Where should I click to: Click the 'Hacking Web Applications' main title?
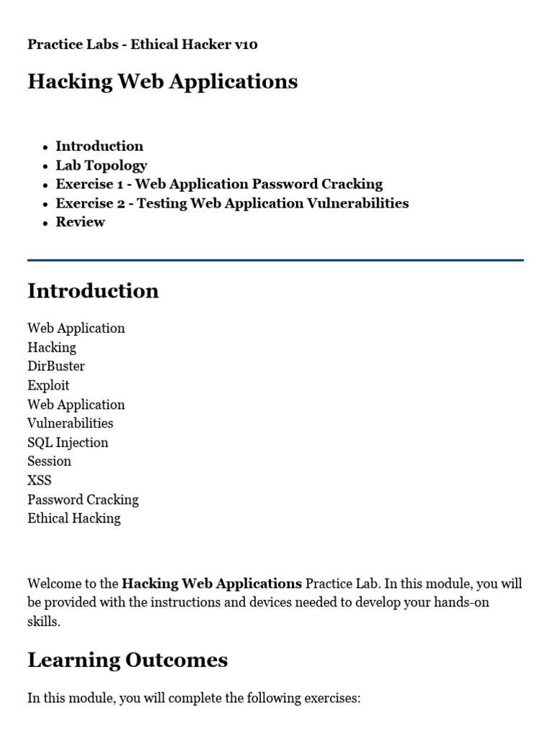(x=162, y=82)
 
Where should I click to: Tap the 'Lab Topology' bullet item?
(x=101, y=165)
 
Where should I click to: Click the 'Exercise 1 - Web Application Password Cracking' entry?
(x=219, y=184)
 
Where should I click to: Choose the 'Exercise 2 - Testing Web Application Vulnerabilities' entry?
(x=232, y=203)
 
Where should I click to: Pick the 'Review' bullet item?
(x=80, y=222)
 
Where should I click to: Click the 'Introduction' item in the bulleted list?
(x=99, y=146)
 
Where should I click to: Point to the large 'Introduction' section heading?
(x=93, y=291)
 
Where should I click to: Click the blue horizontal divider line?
(x=275, y=260)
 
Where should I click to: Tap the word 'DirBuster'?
(x=56, y=366)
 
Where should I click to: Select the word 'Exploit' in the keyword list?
(x=49, y=385)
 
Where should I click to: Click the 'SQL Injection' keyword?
(x=68, y=442)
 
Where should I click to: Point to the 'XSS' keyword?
(x=40, y=480)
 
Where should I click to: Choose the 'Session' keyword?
(x=50, y=461)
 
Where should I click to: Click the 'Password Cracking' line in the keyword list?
(x=83, y=500)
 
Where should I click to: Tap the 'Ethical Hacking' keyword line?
(x=74, y=518)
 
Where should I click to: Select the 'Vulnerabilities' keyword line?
(x=70, y=423)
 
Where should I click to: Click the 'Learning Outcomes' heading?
(x=128, y=661)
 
